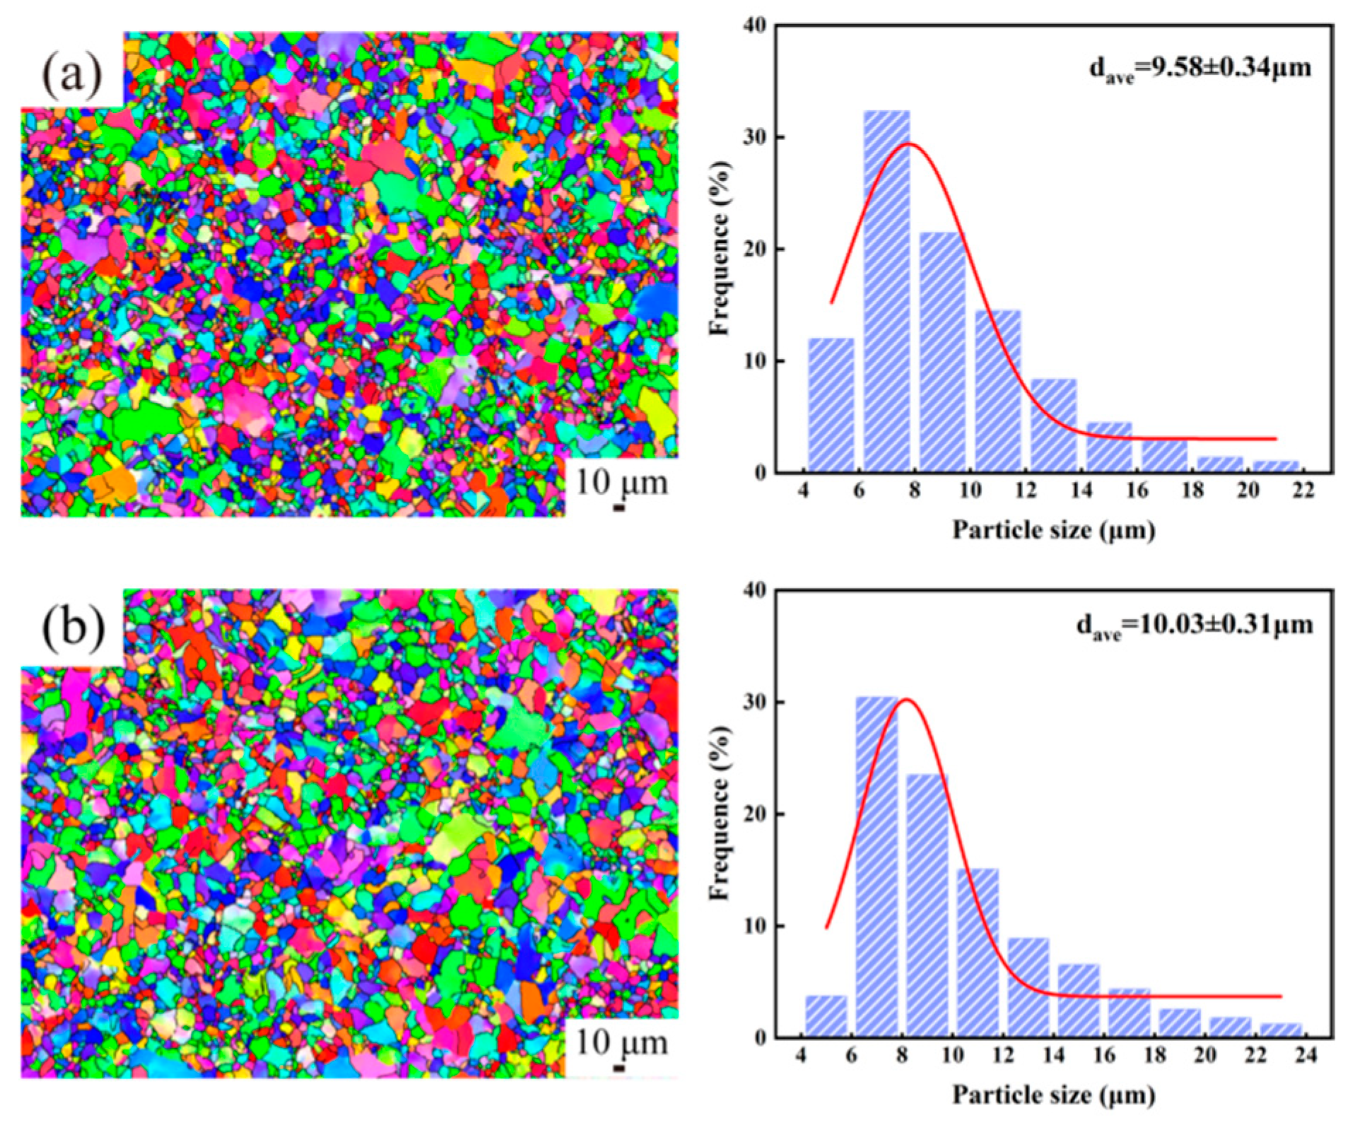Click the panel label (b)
[73, 628]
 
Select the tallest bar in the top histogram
[886, 290]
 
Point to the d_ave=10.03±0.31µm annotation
[1194, 625]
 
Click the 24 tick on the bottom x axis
[1306, 1056]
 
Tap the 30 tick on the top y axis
[755, 137]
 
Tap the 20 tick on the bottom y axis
[755, 814]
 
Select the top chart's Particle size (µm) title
[1053, 529]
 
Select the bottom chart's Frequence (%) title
[720, 813]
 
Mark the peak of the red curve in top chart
[909, 143]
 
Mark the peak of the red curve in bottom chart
[905, 700]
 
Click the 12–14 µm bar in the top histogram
[1053, 425]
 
